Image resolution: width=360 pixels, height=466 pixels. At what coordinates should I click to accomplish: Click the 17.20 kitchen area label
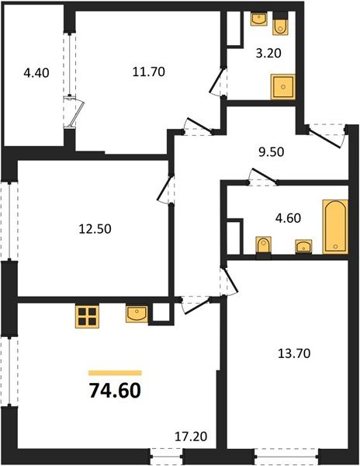[189, 440]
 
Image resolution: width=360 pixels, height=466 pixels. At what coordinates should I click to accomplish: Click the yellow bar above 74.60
[115, 373]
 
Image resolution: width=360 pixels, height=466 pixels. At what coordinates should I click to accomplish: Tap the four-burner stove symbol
[88, 315]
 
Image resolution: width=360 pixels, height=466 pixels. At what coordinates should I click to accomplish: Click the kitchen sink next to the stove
[137, 314]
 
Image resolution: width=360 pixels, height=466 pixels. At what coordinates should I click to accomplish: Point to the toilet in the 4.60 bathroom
[264, 247]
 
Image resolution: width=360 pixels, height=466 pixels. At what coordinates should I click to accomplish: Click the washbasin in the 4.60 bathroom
[303, 247]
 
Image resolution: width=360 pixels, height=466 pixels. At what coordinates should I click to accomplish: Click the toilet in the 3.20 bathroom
[281, 26]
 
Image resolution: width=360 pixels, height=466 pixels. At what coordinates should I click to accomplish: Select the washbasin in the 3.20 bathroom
[258, 19]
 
